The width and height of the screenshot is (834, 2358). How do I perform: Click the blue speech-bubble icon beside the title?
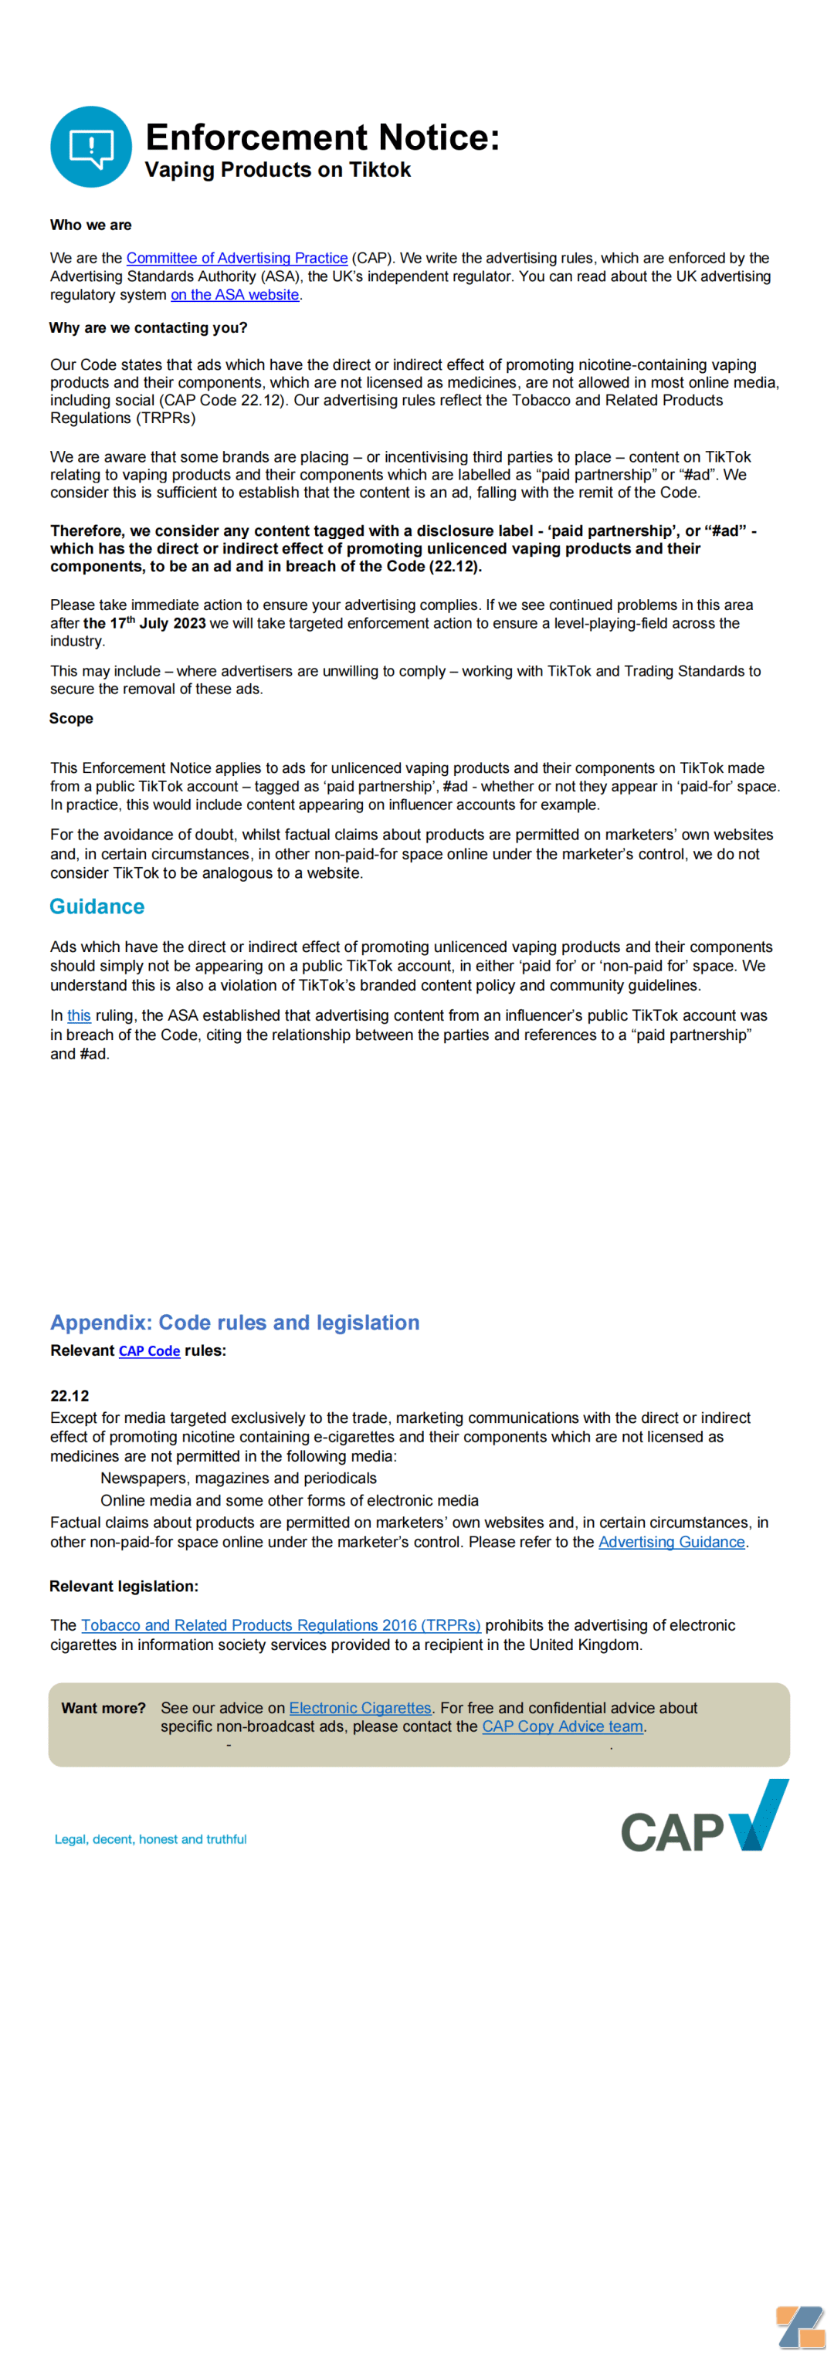pos(90,147)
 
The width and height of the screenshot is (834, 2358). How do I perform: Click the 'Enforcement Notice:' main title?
pos(322,137)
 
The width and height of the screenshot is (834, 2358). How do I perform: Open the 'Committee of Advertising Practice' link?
pos(236,258)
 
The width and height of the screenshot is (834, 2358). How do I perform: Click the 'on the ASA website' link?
pos(234,295)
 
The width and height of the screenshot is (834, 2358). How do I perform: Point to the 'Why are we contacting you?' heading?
pos(148,327)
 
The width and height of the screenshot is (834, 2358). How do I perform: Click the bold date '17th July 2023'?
pos(144,623)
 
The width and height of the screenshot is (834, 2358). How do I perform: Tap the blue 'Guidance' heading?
pos(97,906)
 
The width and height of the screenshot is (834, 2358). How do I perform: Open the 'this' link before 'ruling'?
pos(79,1015)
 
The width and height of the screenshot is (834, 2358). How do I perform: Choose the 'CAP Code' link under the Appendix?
pos(149,1351)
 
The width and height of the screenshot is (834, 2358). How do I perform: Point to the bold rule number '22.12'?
pos(69,1396)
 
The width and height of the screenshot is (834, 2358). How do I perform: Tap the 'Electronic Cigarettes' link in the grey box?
pos(360,1708)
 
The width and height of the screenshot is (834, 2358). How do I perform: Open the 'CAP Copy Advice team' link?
pos(562,1726)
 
